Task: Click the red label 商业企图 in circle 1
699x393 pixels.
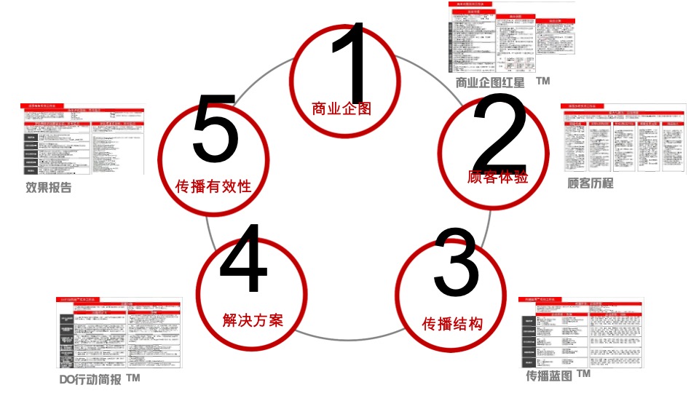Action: tap(341, 109)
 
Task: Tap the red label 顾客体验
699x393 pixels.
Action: tap(497, 177)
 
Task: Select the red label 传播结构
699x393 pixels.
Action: tap(452, 323)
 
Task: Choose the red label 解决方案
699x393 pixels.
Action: tap(252, 319)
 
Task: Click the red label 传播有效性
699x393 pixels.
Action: tap(213, 186)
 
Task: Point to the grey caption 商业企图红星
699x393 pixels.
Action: tap(490, 83)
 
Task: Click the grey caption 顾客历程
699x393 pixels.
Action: tap(590, 183)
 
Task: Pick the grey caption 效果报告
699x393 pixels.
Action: tap(49, 188)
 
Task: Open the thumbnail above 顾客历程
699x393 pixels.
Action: tap(623, 138)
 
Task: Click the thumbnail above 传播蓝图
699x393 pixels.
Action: tap(581, 332)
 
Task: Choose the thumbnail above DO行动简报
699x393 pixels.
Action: tap(119, 333)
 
